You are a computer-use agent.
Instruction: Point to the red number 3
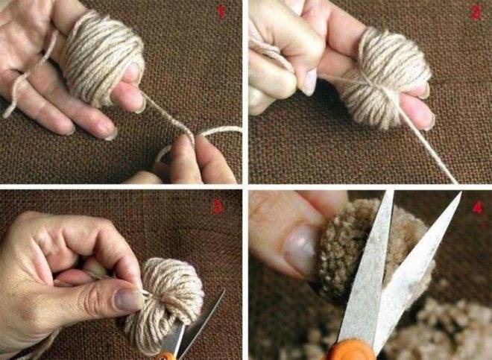[x=218, y=206]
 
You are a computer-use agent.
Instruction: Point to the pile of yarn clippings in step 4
[x=447, y=328]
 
